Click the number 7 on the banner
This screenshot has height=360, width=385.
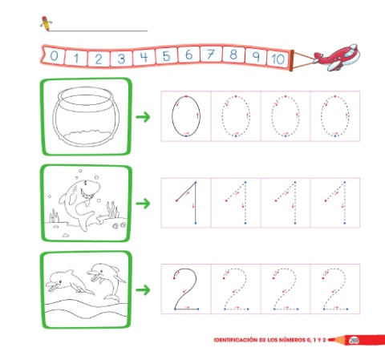211,55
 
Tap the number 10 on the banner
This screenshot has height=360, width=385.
278,59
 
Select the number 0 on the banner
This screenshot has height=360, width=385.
54,56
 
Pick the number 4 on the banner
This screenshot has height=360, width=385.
144,57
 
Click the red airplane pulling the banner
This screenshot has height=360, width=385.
337,57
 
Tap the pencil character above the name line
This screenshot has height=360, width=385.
46,23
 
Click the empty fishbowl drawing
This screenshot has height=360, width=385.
86,116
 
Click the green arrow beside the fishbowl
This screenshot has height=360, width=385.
143,117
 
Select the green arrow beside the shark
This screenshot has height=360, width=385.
143,204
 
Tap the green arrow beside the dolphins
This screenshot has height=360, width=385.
143,290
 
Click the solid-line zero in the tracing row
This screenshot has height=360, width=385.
172,116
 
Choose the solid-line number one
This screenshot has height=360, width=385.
196,203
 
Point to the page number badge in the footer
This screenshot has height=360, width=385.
354,341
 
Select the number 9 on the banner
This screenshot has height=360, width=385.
256,56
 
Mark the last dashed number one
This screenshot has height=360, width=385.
344,203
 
